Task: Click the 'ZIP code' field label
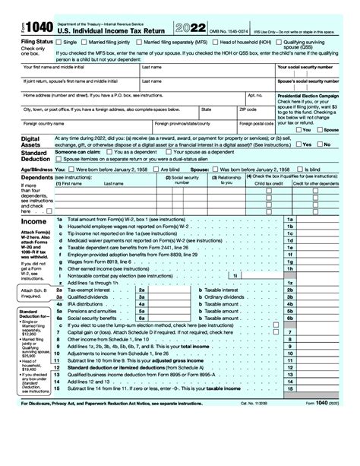(x=238, y=109)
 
